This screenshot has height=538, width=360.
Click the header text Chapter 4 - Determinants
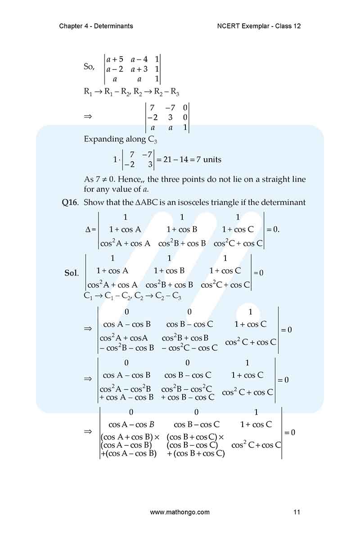96,26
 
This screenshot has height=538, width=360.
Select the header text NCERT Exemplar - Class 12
259,26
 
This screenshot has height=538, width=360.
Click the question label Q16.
70,203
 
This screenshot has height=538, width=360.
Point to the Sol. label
72,273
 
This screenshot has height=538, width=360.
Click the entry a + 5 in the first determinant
115,59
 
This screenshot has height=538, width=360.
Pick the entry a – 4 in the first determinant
139,59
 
